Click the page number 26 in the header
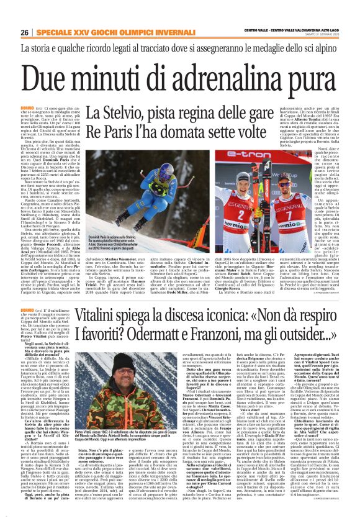(x=25, y=32)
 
